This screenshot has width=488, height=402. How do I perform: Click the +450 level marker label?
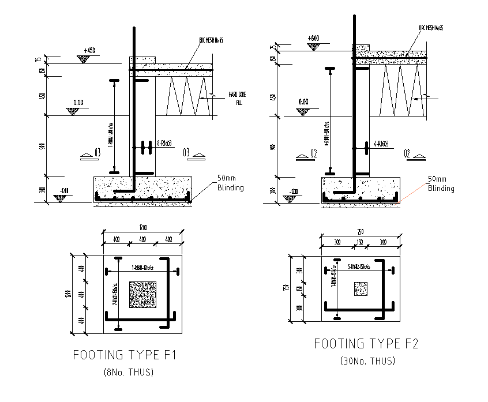89,51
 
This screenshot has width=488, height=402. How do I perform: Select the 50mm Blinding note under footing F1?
230,183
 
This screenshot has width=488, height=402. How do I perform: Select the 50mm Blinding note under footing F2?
441,184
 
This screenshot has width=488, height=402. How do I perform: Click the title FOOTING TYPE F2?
366,344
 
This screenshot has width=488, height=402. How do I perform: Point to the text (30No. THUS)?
367,361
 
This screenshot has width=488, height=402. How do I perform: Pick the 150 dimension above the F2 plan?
358,243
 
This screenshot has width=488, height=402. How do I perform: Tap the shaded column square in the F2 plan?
361,288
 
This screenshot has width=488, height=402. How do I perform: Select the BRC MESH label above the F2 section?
431,28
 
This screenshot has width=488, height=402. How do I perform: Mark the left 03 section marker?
97,153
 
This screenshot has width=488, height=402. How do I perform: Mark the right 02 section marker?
407,153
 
